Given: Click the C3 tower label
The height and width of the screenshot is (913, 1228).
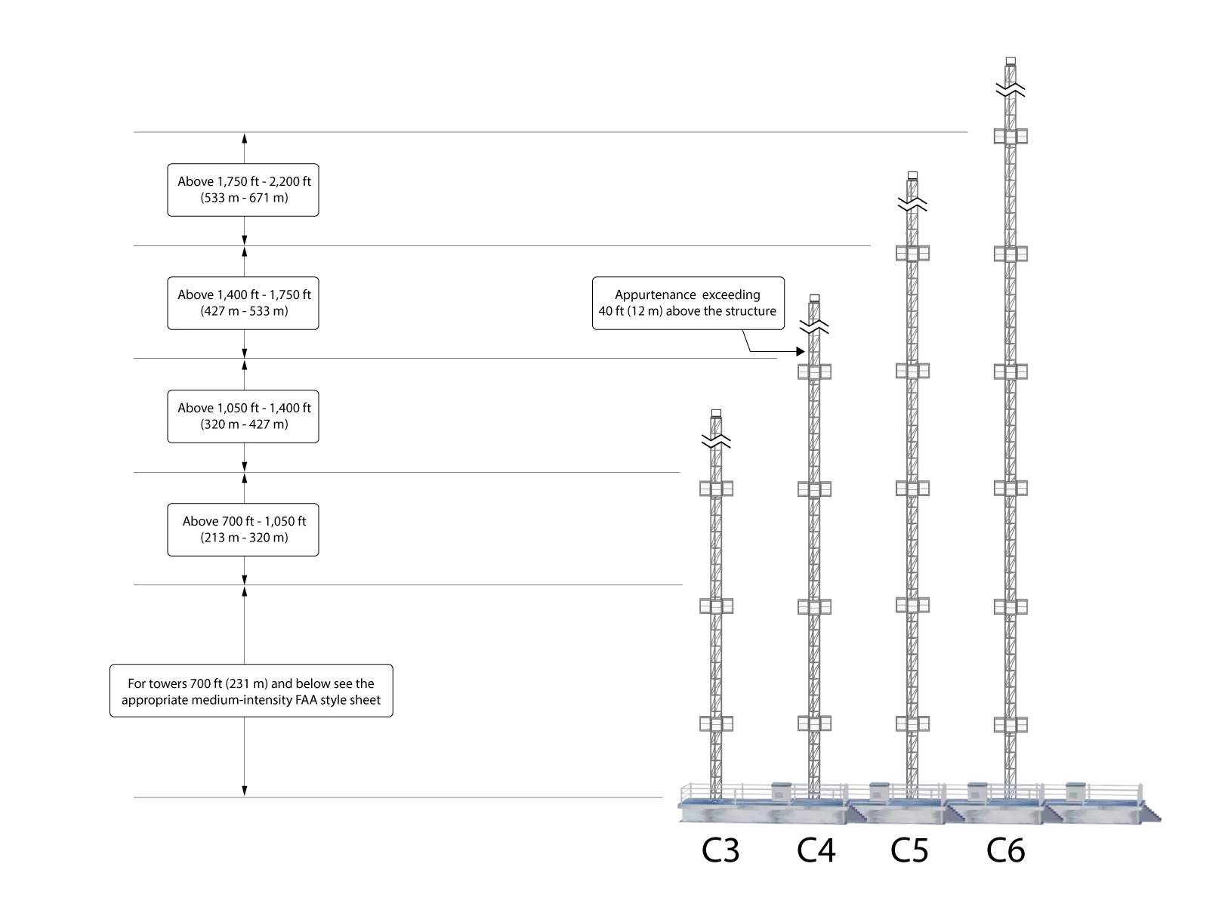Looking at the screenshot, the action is (720, 850).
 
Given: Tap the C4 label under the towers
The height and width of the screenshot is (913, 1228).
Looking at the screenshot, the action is (816, 850).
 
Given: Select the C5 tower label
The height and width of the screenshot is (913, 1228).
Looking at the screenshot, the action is (909, 850).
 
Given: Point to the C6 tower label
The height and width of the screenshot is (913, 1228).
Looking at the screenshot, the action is (1005, 850).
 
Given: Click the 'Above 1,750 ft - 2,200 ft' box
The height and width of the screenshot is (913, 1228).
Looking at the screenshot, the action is (243, 190).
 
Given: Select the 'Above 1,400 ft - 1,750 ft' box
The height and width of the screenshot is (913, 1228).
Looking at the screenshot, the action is (243, 303).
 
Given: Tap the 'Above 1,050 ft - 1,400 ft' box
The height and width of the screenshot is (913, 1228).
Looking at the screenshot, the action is (243, 416).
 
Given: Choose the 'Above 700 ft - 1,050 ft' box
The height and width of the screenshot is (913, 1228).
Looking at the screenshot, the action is (243, 530).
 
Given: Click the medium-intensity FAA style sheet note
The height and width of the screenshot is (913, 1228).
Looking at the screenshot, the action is (251, 691).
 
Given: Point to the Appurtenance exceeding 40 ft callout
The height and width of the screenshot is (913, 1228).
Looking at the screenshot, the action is (688, 303).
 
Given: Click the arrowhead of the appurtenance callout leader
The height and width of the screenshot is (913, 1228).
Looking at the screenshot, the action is (801, 351).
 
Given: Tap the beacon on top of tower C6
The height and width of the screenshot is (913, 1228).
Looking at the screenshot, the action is (1010, 61).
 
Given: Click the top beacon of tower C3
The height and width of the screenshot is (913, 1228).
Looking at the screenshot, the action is (716, 413).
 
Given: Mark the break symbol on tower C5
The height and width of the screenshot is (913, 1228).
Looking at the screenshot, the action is (912, 205).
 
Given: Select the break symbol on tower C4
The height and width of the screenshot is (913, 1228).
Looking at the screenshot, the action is (814, 327).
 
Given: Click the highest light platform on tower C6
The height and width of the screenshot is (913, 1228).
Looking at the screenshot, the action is (1010, 136).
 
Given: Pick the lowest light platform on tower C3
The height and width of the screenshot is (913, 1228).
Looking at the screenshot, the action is (716, 723).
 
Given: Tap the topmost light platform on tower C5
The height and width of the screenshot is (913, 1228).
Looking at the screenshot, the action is (912, 254).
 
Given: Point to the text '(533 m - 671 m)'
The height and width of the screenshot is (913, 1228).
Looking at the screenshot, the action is (244, 198).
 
